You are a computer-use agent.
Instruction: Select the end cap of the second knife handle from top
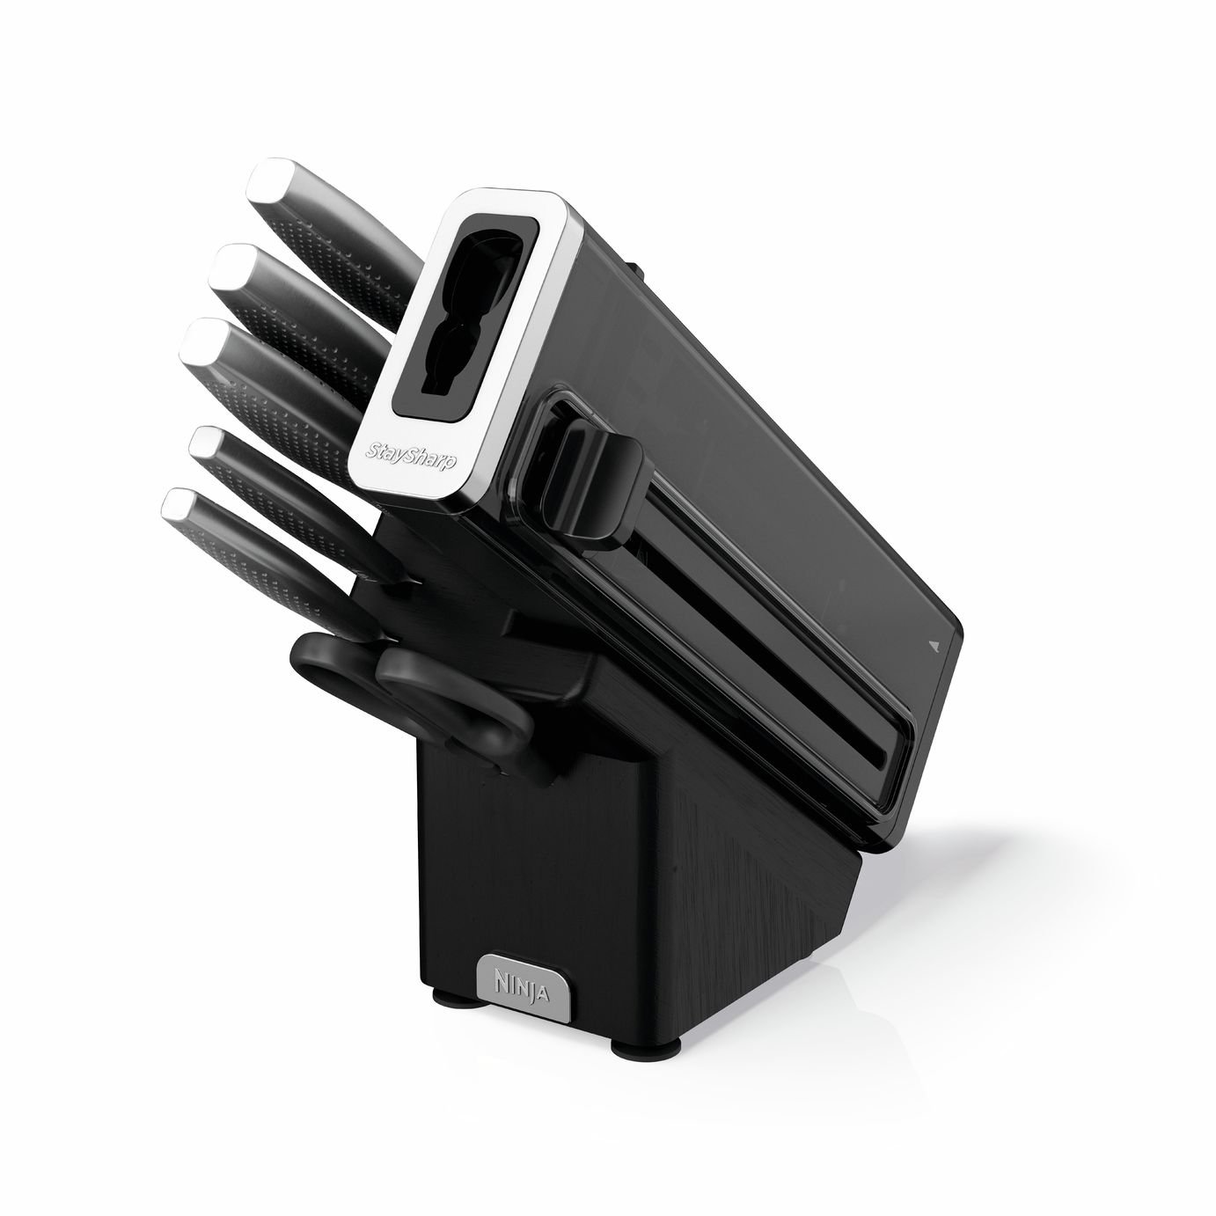pos(234,264)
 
